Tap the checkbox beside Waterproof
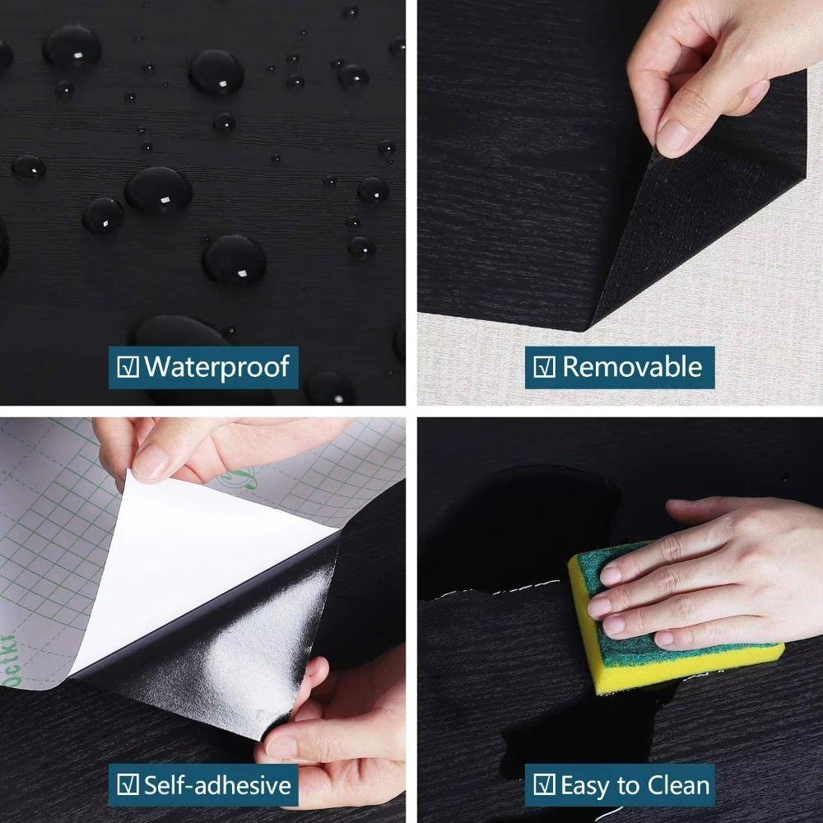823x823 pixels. click(128, 367)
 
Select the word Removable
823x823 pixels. click(632, 367)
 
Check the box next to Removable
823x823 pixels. click(544, 367)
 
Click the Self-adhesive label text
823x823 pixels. click(217, 785)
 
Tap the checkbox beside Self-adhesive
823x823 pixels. click(128, 785)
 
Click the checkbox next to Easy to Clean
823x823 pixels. click(544, 785)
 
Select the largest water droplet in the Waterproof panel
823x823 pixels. click(158, 189)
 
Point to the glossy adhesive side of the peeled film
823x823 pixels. click(247, 650)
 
